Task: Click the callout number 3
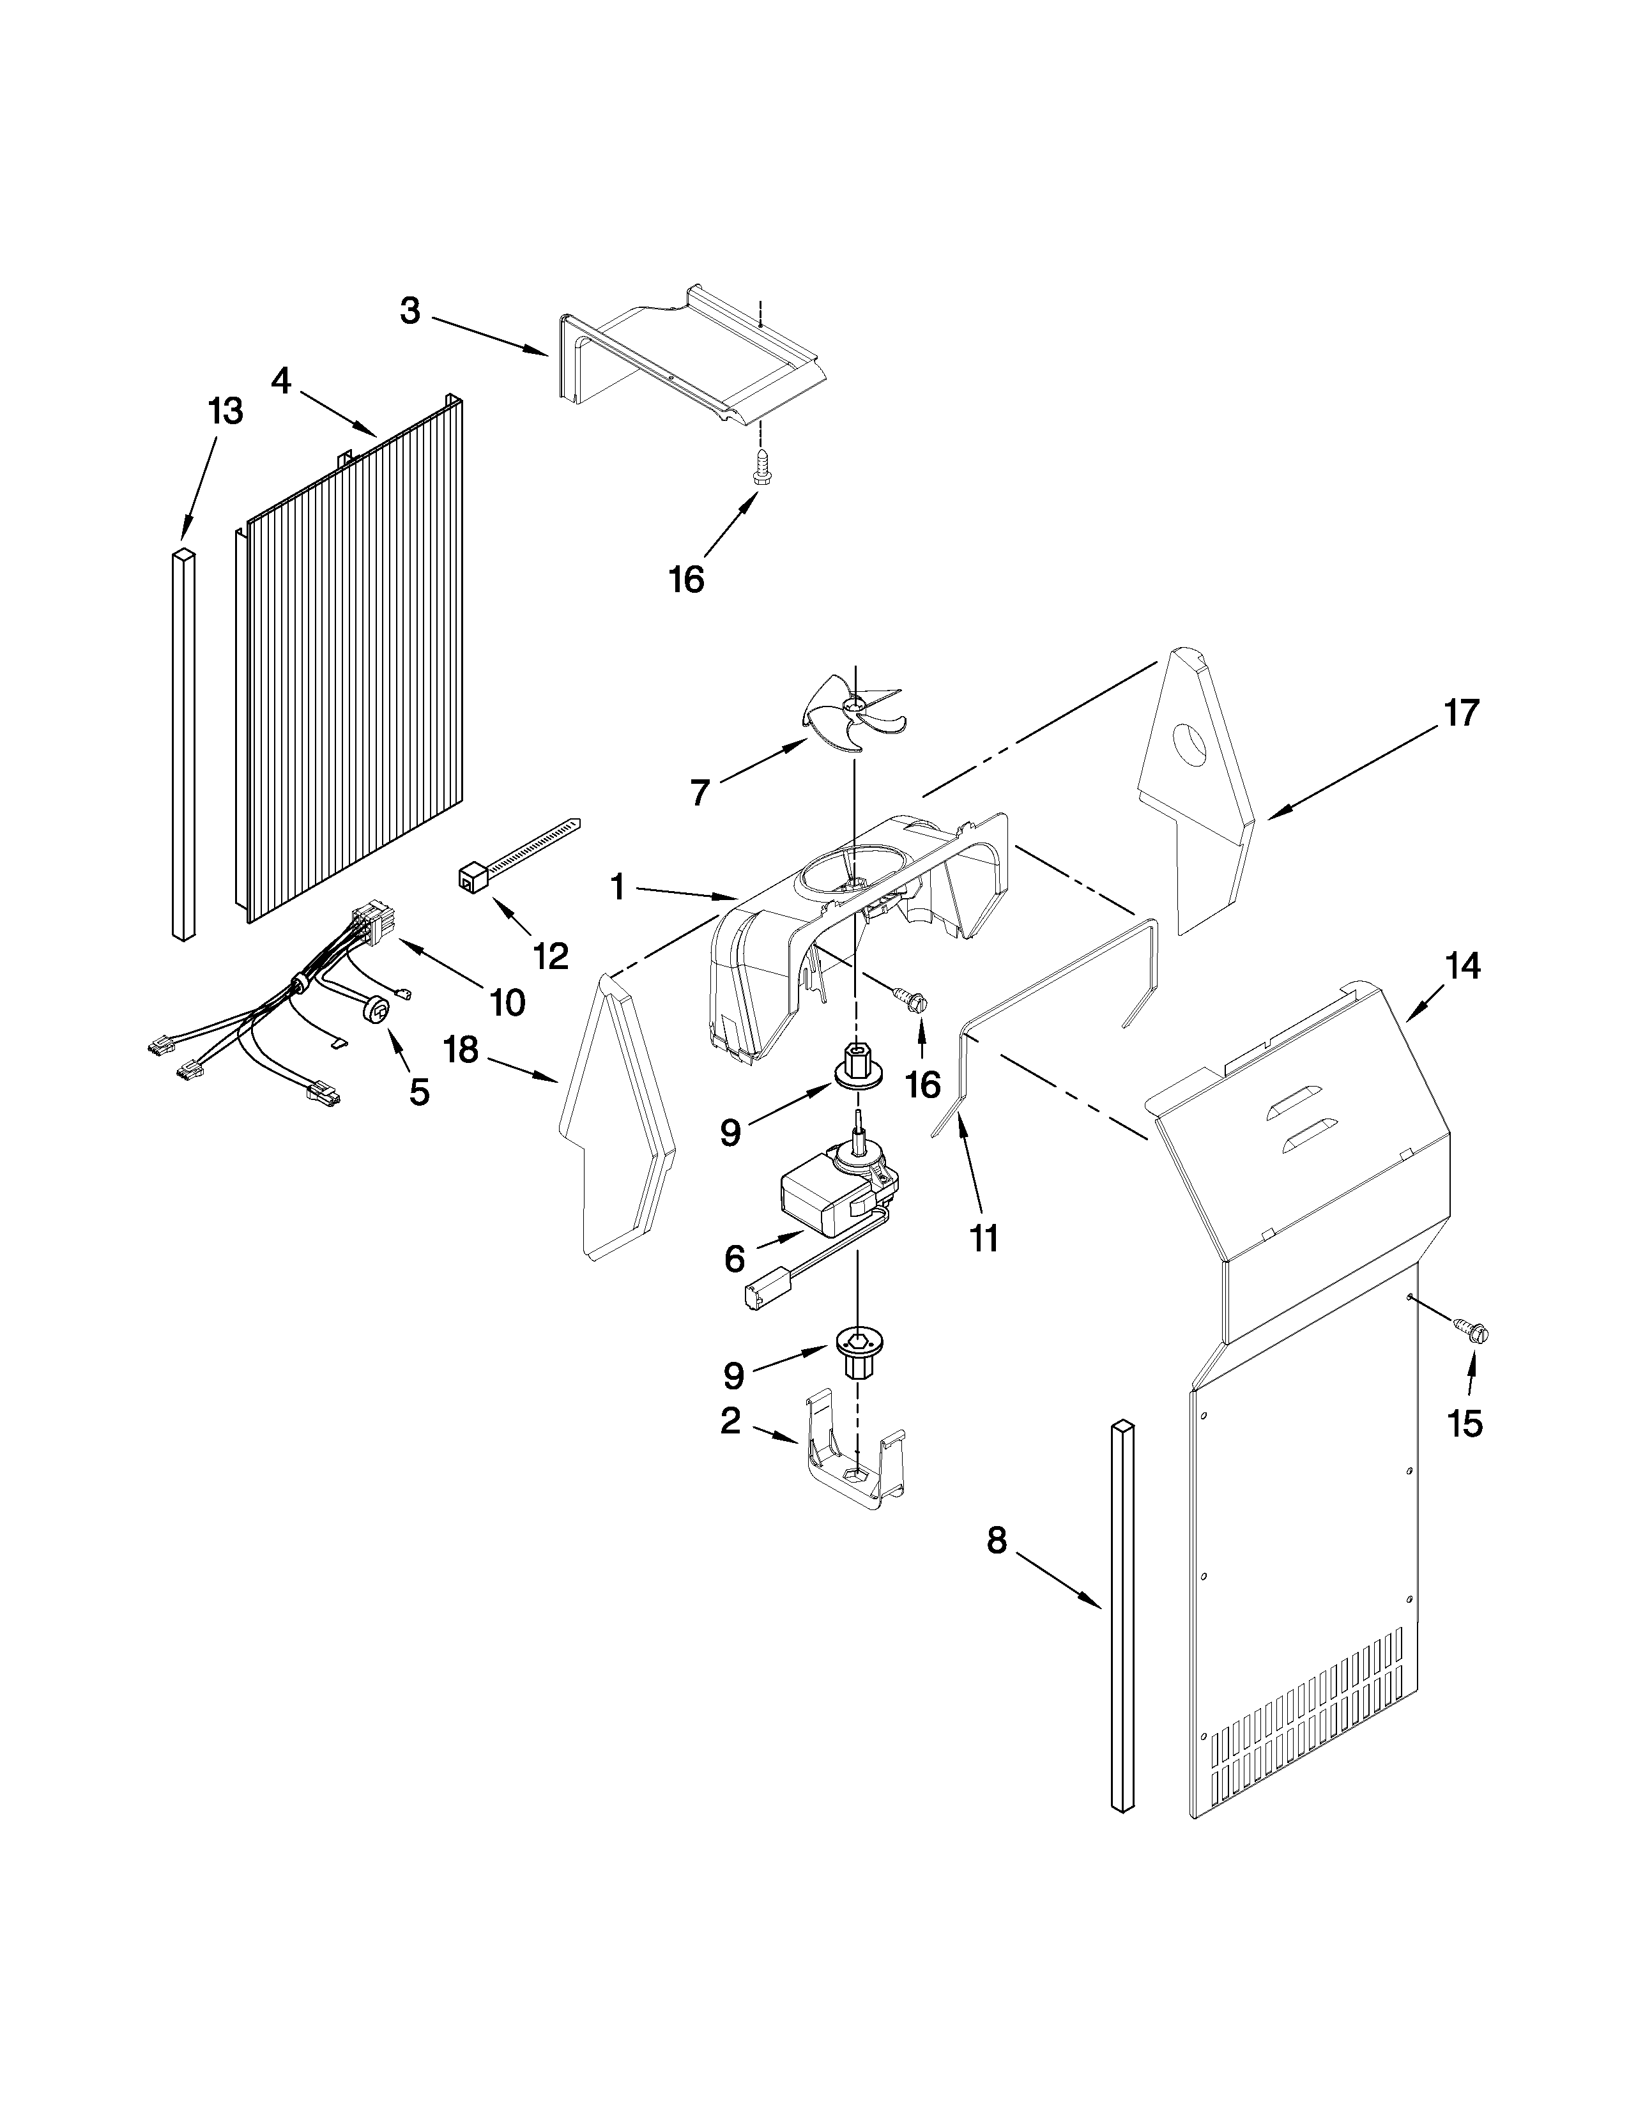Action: click(x=410, y=312)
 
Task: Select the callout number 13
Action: click(x=225, y=411)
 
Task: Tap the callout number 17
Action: click(x=1460, y=714)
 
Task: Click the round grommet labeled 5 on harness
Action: click(x=379, y=1011)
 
